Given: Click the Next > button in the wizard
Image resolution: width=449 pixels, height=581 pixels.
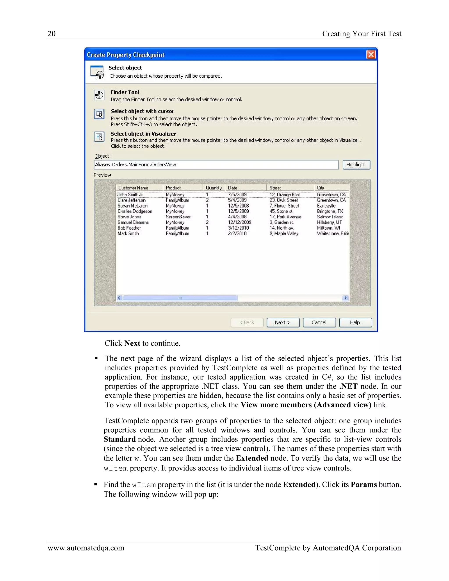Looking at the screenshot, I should pyautogui.click(x=283, y=323).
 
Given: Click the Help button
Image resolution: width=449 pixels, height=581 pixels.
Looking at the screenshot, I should pyautogui.click(x=355, y=323).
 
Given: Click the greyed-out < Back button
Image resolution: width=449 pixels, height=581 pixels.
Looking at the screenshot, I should pyautogui.click(x=247, y=323).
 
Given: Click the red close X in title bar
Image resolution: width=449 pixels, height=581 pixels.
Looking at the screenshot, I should pyautogui.click(x=371, y=55).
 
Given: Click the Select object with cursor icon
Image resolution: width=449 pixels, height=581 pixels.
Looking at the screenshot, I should pyautogui.click(x=99, y=114).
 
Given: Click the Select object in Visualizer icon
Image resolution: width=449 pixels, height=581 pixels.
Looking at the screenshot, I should pyautogui.click(x=99, y=137).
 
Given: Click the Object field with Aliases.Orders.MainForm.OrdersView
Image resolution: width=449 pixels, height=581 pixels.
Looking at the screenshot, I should pyautogui.click(x=216, y=165).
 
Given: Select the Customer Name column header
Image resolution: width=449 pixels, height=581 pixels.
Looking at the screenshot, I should pyautogui.click(x=134, y=188).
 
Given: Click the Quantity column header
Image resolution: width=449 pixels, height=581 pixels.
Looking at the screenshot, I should pyautogui.click(x=213, y=188).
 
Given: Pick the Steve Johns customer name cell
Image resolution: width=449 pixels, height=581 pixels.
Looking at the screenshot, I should pyautogui.click(x=130, y=217).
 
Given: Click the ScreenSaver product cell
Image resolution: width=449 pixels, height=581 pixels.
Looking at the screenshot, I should pyautogui.click(x=178, y=217).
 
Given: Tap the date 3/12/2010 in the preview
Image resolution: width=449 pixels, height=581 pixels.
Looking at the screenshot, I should pyautogui.click(x=238, y=228).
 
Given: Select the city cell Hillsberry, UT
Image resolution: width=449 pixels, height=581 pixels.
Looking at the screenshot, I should pyautogui.click(x=329, y=222).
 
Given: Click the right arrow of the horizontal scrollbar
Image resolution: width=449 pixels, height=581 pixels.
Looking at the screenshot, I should pyautogui.click(x=345, y=298).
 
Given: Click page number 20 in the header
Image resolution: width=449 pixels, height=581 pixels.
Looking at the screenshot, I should pyautogui.click(x=51, y=34).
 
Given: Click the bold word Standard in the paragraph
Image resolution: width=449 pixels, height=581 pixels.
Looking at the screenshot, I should pyautogui.click(x=119, y=439).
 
